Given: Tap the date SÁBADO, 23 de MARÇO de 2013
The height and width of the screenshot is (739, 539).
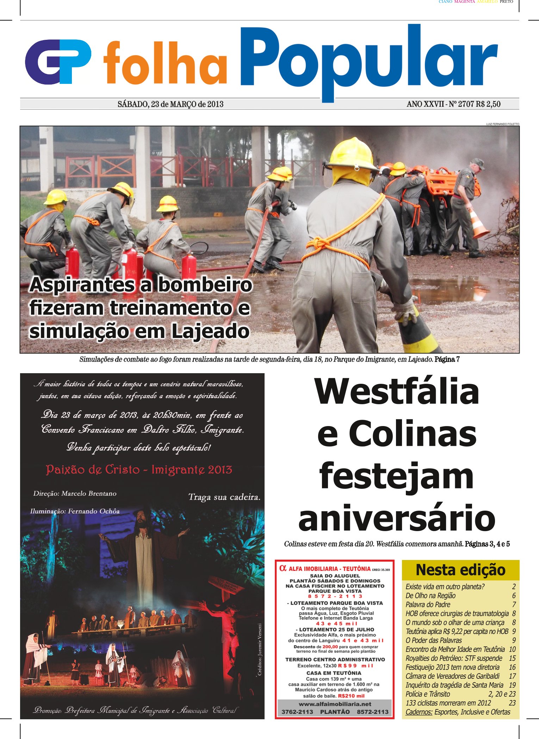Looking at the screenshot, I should pos(171,104).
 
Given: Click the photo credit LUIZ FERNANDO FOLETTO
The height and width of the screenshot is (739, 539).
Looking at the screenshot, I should pos(502,124).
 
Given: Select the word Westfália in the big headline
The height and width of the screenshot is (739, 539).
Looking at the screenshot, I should pos(397,392).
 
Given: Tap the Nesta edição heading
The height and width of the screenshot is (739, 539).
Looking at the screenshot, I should pos(460,570).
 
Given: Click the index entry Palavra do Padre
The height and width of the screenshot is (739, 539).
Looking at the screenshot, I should pos(428,604).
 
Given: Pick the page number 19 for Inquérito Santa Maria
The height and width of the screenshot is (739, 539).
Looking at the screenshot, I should pos(512,685).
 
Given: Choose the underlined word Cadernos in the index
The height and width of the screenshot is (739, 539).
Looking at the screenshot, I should pos(419,712).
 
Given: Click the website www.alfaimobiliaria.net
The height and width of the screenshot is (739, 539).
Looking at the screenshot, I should pos(335,704).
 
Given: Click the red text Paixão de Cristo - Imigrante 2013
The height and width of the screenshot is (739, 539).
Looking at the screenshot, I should pos(139,470).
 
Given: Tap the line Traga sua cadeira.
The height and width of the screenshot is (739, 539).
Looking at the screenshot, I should pos(224,497).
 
